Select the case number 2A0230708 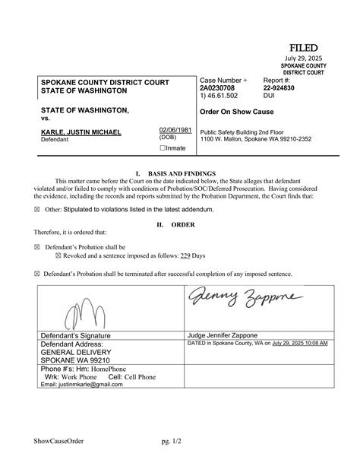218,88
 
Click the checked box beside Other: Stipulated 38,208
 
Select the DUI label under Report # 270,97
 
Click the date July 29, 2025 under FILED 305,59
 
